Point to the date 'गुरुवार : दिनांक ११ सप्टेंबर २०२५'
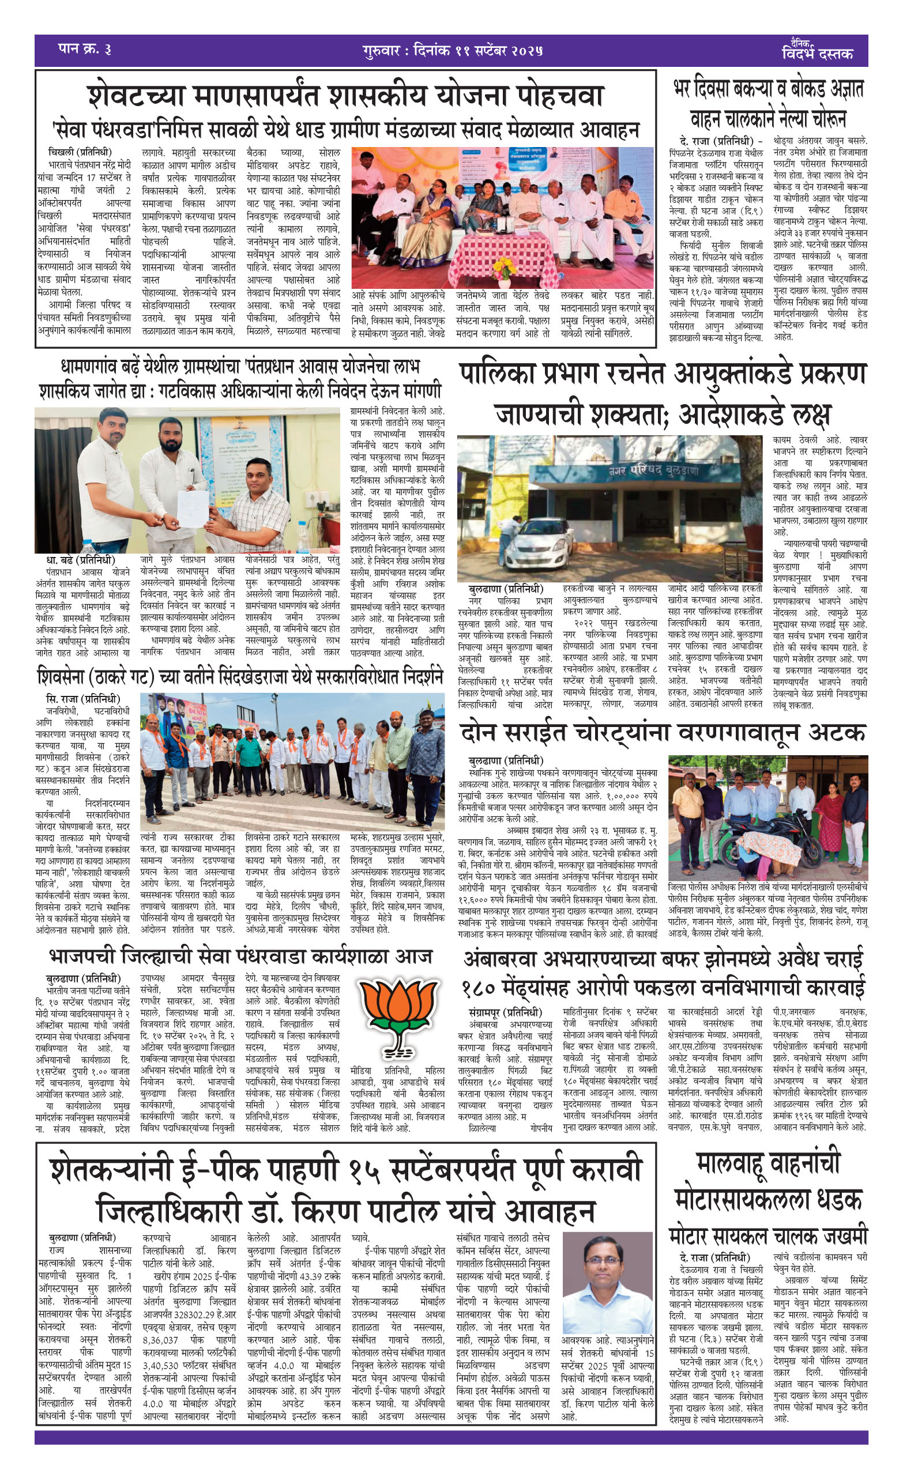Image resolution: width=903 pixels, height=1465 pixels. click(452, 50)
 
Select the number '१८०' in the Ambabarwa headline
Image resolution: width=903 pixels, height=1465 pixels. click(485, 988)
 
